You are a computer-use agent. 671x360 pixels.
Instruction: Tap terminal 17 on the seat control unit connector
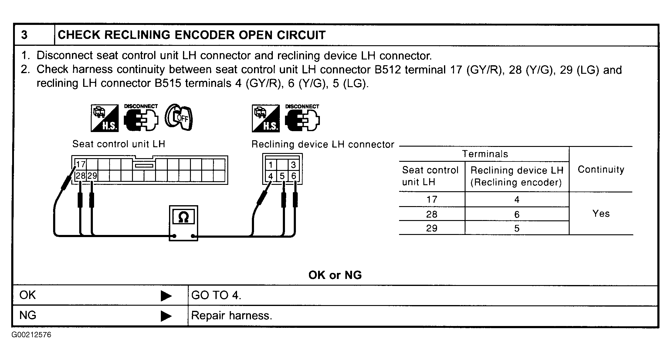(81, 164)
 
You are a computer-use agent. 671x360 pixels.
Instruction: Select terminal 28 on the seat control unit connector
(81, 175)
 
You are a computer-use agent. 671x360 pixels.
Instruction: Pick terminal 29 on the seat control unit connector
(92, 175)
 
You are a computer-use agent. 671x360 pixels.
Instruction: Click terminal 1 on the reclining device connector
(271, 165)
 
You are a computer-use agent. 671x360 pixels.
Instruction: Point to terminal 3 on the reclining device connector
(293, 165)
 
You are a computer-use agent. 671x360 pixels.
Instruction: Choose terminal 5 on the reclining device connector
(282, 176)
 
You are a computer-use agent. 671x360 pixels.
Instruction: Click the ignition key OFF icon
(179, 117)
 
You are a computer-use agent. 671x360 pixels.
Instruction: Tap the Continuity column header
(601, 169)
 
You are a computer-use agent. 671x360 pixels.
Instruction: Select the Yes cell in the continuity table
(601, 213)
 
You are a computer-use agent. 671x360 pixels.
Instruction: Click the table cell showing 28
(432, 214)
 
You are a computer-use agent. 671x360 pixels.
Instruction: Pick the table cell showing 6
(517, 215)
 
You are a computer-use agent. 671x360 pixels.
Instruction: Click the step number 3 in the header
(25, 35)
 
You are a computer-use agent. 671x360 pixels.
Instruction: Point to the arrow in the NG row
(166, 316)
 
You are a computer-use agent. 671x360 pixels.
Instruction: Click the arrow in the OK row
(166, 296)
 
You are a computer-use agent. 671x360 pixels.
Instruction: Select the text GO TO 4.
(216, 295)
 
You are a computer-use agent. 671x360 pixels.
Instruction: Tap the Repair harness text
(232, 316)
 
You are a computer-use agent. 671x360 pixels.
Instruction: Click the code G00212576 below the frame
(32, 335)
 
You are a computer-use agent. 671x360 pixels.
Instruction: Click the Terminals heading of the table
(485, 154)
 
